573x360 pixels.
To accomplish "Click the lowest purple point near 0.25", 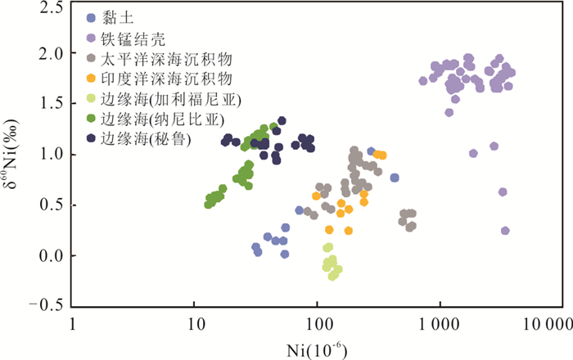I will (505, 231).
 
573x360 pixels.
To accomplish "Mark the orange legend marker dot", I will (90, 79).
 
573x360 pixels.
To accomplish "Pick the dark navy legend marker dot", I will (90, 139).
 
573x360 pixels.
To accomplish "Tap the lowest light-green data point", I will (332, 277).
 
